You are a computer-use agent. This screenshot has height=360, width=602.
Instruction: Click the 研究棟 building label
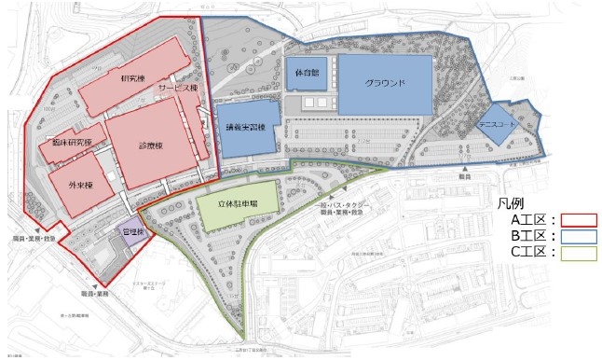(134, 77)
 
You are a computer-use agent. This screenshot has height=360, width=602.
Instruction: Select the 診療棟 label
(151, 145)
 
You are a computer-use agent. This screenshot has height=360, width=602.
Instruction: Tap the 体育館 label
(306, 71)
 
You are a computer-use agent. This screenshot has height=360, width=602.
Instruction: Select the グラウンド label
(385, 82)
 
